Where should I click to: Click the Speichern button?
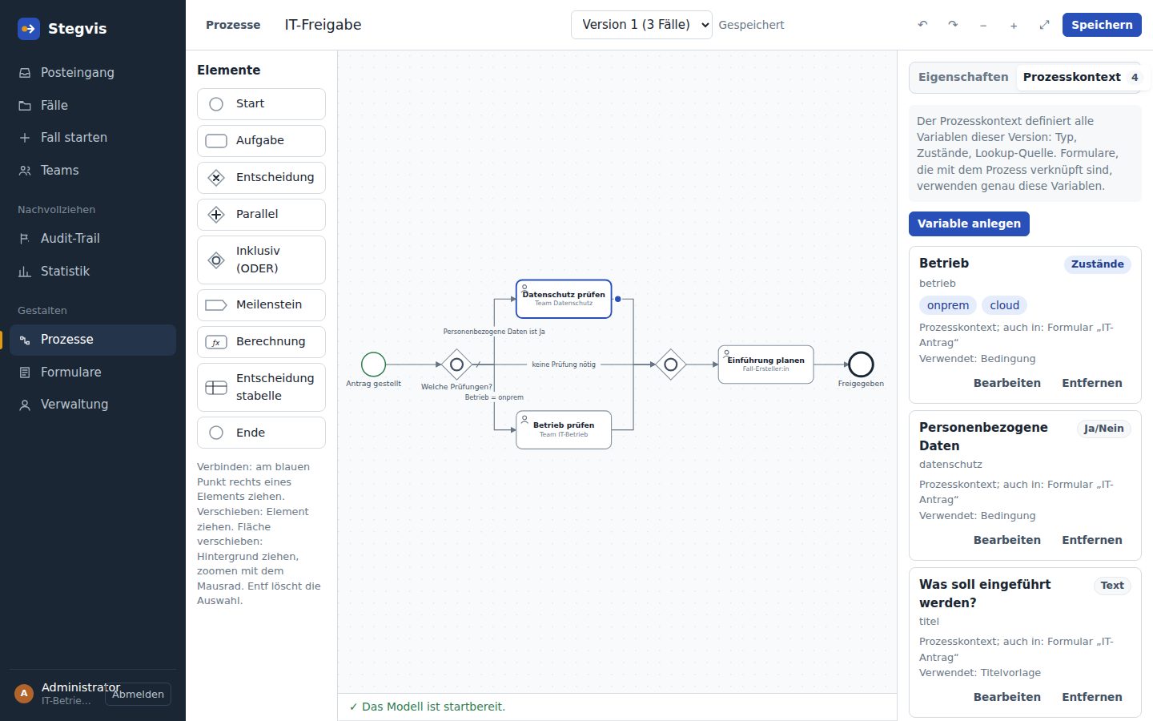pyautogui.click(x=1102, y=25)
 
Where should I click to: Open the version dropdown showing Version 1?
pyautogui.click(x=641, y=25)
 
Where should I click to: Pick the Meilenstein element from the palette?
pyautogui.click(x=261, y=305)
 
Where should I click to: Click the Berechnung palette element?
pyautogui.click(x=261, y=341)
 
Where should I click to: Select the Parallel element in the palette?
pyautogui.click(x=261, y=214)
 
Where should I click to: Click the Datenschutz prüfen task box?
pyautogui.click(x=564, y=299)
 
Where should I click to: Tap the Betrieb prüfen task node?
pyautogui.click(x=564, y=430)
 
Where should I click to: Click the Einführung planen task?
pyautogui.click(x=766, y=365)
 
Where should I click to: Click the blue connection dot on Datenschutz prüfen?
pyautogui.click(x=617, y=300)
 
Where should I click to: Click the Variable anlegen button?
pyautogui.click(x=969, y=224)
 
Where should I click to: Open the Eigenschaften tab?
pyautogui.click(x=963, y=77)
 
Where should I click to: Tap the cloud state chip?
pyautogui.click(x=1004, y=305)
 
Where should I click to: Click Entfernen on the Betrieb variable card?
pyautogui.click(x=1092, y=383)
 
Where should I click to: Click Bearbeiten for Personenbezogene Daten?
pyautogui.click(x=1006, y=540)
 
